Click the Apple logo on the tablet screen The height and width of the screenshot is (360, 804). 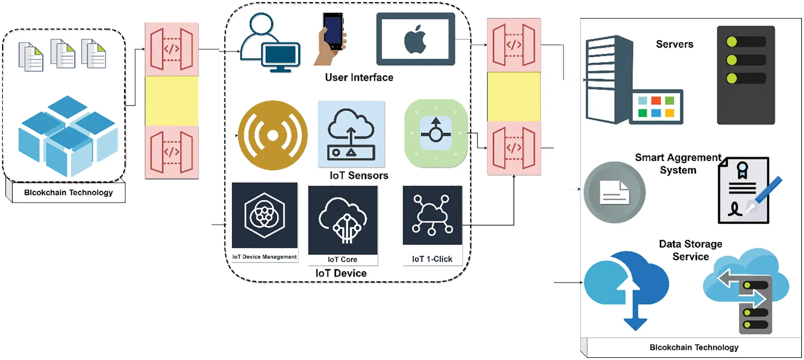415,39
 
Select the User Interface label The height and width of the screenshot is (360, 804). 359,78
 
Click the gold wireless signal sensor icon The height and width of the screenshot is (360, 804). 273,135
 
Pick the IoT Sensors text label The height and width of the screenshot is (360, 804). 359,176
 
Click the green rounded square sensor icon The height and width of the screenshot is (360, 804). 436,134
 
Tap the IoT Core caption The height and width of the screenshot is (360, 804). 342,260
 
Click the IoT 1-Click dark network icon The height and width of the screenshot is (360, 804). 432,215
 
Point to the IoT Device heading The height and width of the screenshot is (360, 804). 341,273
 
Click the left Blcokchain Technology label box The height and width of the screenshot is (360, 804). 68,193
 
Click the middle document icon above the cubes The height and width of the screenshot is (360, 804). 63,54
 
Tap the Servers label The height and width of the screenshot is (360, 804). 674,44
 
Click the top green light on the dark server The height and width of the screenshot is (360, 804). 732,42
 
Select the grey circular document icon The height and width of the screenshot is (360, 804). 614,192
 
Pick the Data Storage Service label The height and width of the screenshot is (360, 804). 691,250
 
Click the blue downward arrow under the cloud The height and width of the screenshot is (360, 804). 635,322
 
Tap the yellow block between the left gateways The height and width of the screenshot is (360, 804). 171,100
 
